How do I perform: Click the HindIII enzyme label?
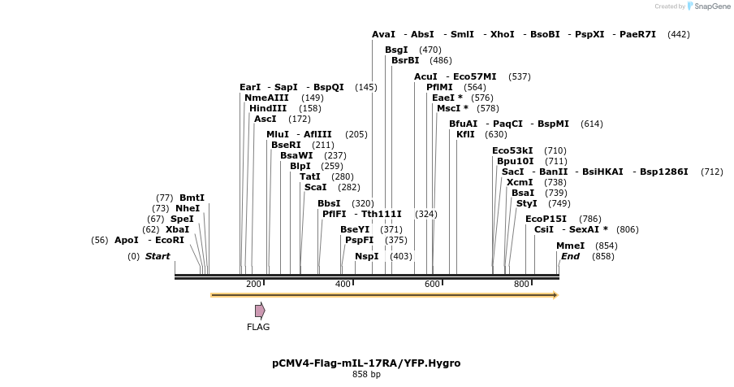pos(268,108)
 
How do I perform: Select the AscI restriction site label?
pos(265,119)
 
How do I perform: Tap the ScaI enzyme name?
pos(315,187)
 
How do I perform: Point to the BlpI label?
pos(300,166)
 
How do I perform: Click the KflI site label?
pos(465,134)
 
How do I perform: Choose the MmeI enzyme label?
pos(570,246)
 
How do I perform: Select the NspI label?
pos(366,256)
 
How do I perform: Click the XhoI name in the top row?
pos(503,34)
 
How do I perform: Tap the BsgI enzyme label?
pos(396,50)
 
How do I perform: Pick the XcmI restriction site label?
pos(520,182)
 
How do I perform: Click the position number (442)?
pos(679,34)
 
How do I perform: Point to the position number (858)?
pos(603,256)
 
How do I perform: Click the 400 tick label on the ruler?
pos(343,284)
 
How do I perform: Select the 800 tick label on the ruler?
pos(522,284)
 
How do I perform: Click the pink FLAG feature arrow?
pos(260,311)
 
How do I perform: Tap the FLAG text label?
pos(258,327)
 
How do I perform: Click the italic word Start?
pos(158,256)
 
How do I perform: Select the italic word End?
pos(570,256)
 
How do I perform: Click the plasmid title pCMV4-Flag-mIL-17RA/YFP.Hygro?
pos(366,363)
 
